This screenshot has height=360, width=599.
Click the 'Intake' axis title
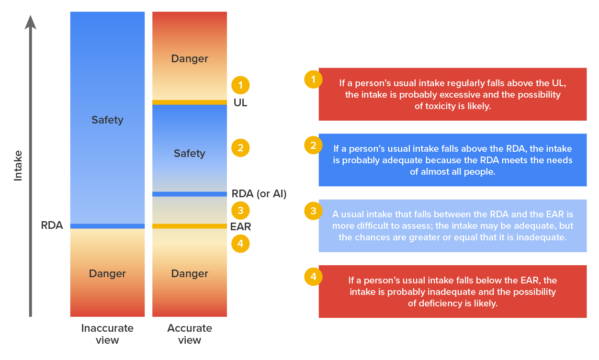(x=18, y=166)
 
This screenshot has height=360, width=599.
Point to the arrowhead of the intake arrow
(x=31, y=22)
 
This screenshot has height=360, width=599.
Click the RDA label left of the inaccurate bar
(x=52, y=225)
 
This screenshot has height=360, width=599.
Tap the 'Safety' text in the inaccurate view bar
(x=107, y=120)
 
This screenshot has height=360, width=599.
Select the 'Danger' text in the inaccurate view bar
(x=107, y=274)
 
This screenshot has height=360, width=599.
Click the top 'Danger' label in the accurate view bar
(x=190, y=59)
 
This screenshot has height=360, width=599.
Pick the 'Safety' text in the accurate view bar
(x=190, y=154)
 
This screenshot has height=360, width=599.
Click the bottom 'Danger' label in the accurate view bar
(x=190, y=274)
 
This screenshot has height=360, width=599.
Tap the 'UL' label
(x=240, y=103)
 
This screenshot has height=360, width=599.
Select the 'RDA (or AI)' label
(x=259, y=194)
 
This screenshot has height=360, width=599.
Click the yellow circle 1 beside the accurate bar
(x=240, y=85)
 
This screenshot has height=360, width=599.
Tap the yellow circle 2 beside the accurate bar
(x=240, y=148)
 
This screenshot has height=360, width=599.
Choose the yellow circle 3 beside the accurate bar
(x=240, y=210)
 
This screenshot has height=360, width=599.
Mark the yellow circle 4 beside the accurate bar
(x=240, y=244)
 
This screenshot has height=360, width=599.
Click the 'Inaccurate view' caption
(x=107, y=334)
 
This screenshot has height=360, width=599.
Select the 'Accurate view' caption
(x=190, y=334)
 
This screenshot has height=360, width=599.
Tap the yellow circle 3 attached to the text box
(x=313, y=211)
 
